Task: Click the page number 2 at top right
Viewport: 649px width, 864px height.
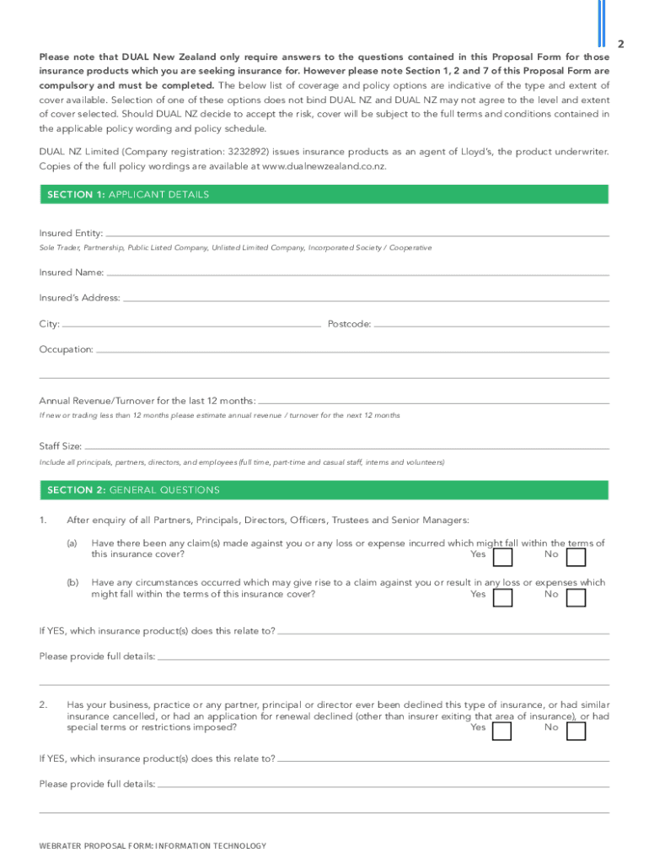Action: point(619,43)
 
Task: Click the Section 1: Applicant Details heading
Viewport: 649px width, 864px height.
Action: point(128,195)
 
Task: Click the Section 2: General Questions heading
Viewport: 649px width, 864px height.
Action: point(133,490)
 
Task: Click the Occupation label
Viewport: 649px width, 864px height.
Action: point(66,349)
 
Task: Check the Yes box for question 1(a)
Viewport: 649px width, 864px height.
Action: point(502,558)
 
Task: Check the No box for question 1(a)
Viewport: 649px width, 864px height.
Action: point(576,558)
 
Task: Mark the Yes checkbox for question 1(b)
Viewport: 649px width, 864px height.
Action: point(502,597)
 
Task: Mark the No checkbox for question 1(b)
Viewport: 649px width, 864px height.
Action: point(576,597)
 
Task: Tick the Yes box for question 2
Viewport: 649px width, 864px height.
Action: point(502,731)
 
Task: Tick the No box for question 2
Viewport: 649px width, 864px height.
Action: point(576,731)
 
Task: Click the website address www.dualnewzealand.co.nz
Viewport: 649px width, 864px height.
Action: point(324,167)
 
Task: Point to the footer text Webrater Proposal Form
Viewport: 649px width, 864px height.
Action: point(153,845)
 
